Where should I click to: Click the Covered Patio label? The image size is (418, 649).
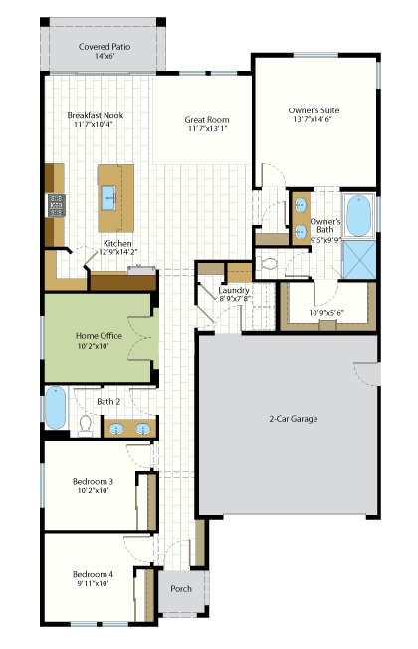pos(104,47)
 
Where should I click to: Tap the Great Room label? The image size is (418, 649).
pos(207,120)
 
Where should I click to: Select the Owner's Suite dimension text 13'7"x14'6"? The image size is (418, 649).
pos(313,119)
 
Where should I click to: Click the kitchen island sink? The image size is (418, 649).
pos(108,198)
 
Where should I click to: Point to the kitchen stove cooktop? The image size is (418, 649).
pos(57,205)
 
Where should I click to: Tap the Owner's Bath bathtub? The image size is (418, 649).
pos(358,216)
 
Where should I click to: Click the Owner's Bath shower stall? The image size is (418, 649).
pos(359,260)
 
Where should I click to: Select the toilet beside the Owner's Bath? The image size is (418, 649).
pos(268,263)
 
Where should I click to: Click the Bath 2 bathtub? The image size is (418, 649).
pos(55,408)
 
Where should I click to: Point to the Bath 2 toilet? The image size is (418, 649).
pos(86,426)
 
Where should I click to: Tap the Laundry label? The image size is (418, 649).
pos(234,290)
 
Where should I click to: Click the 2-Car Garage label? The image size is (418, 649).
pos(294,419)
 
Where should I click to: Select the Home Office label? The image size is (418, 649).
pos(99,336)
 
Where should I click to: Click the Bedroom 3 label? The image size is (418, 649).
pos(93,481)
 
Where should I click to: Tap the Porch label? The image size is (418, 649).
pos(181,588)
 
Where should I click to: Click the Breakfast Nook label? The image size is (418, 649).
pos(96,115)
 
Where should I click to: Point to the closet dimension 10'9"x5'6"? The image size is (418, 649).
pos(326,313)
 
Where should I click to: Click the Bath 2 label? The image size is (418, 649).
pos(108,401)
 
